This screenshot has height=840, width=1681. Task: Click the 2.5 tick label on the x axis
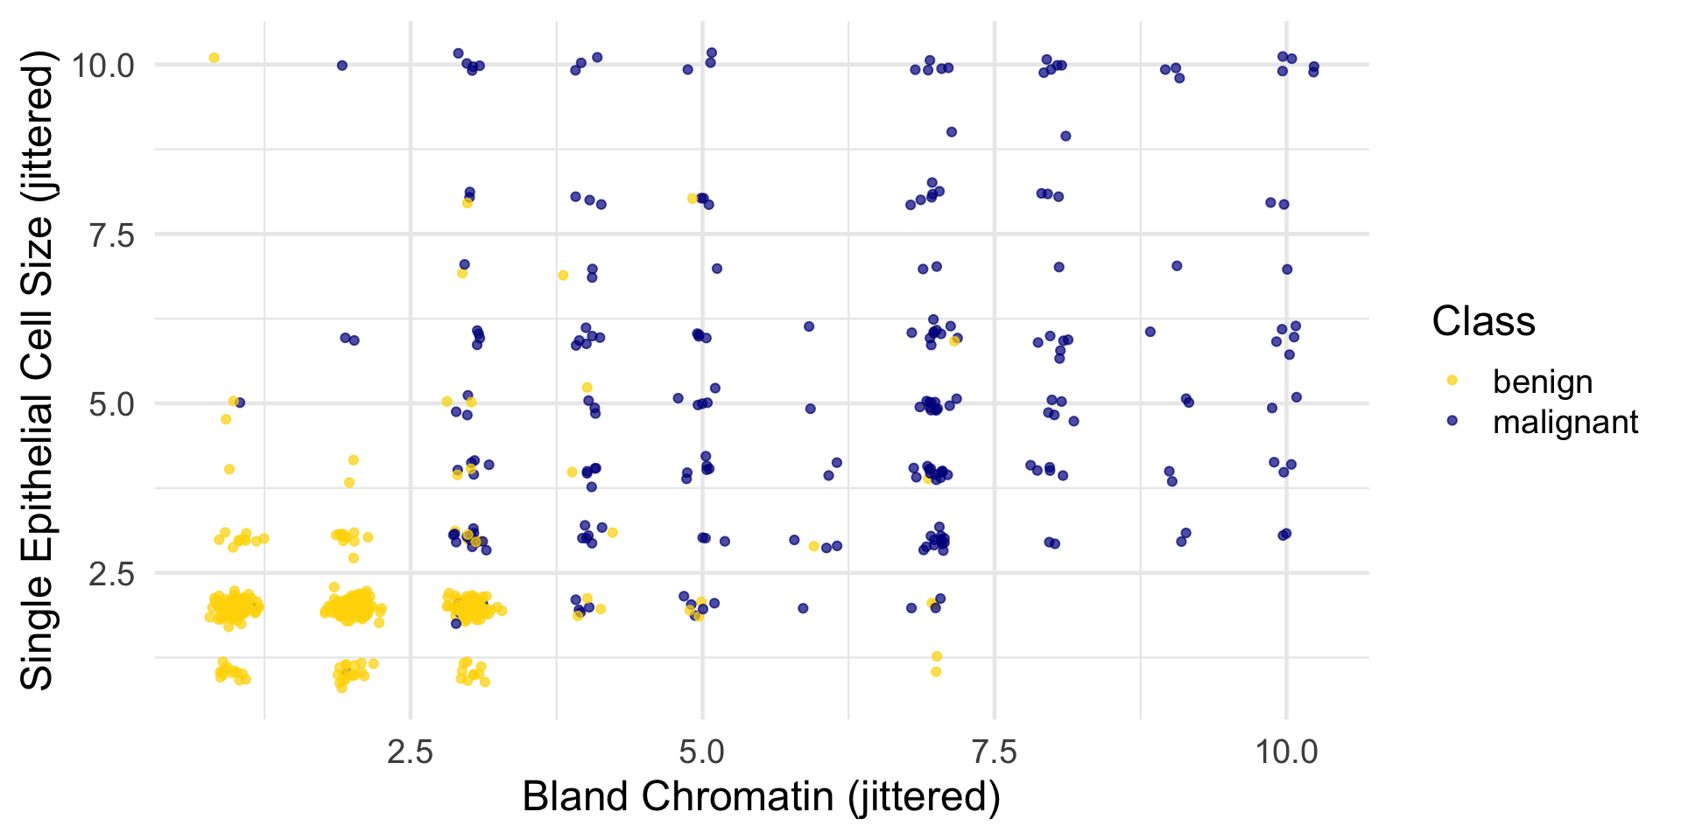point(410,751)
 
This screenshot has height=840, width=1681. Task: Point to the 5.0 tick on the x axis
point(702,751)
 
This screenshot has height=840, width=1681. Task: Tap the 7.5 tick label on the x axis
point(995,751)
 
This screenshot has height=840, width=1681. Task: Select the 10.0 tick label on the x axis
point(1285,751)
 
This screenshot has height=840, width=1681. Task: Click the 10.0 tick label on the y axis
point(102,65)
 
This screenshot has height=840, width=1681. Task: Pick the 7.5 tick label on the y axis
point(112,234)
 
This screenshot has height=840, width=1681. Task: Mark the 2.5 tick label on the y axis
point(112,573)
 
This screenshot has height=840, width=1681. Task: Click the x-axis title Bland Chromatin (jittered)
point(761,797)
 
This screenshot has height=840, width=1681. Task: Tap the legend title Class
point(1483,321)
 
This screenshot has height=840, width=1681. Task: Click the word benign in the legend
point(1542,381)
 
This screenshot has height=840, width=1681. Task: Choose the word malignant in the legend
point(1565,422)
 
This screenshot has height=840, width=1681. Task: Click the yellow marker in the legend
point(1452,381)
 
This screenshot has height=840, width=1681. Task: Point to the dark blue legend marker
point(1452,421)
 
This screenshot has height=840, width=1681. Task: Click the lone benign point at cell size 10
point(214,58)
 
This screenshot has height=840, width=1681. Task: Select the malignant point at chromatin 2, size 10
point(342,66)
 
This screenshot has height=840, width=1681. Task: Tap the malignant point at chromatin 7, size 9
point(952,132)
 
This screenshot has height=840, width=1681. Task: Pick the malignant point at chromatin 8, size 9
point(1066,136)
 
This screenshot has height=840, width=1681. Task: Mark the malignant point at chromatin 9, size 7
point(1177,266)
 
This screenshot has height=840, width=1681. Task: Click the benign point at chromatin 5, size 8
point(692,199)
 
